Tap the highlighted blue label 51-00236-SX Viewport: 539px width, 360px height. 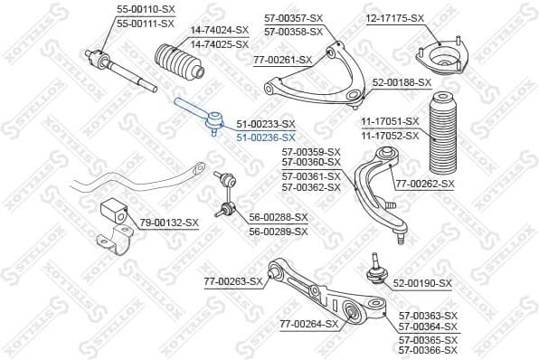266,137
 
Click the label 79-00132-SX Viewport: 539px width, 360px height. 169,222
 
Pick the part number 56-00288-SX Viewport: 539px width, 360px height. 279,217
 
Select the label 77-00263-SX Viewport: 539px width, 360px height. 232,281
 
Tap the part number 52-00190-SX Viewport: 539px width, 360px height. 421,283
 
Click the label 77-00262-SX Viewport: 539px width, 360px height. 425,184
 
